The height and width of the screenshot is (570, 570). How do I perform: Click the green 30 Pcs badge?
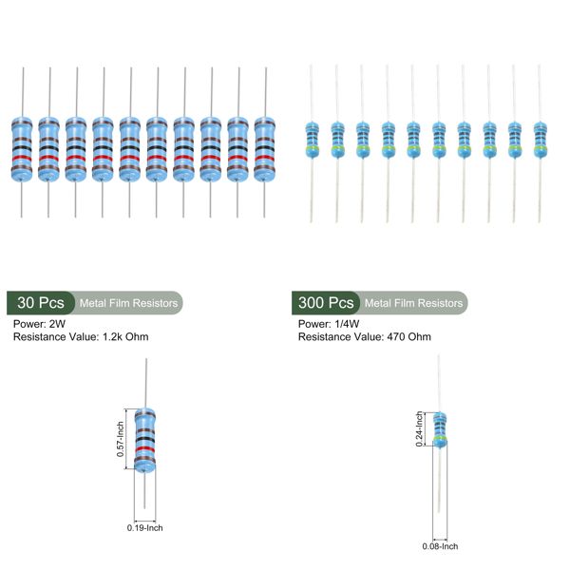(40, 303)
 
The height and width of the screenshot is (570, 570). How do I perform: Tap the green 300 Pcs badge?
(326, 303)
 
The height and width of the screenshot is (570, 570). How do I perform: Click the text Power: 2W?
(39, 323)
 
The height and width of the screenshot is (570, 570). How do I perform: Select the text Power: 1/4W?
(329, 323)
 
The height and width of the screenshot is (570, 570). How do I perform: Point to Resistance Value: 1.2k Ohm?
(81, 336)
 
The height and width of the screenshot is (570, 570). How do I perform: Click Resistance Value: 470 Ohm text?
(364, 336)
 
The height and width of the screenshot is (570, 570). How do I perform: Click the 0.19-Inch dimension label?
(145, 527)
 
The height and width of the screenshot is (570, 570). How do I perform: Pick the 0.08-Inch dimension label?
(440, 545)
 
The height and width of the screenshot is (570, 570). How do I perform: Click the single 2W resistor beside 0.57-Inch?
(144, 439)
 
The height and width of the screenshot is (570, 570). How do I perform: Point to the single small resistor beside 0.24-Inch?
(439, 429)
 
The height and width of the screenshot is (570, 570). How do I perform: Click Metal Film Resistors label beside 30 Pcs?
(128, 303)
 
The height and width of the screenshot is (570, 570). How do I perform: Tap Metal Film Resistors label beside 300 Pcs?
(414, 303)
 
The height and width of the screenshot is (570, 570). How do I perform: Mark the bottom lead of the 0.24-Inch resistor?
(440, 484)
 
